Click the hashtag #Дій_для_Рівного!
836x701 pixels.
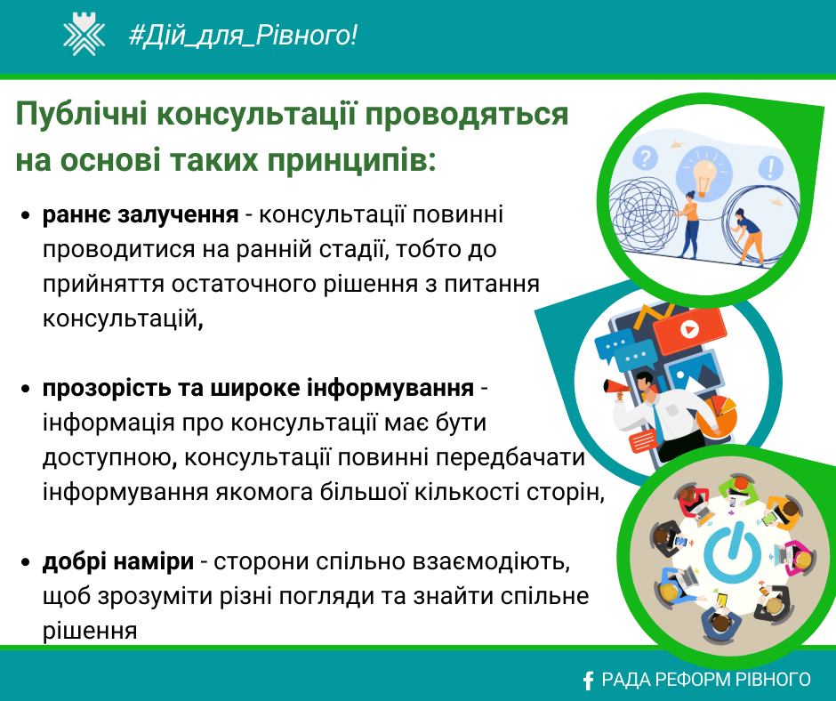(243, 36)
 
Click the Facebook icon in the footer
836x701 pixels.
(588, 681)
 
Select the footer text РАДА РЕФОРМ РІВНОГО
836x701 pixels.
(706, 680)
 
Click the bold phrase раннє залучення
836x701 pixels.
(141, 214)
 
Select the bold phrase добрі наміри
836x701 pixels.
(117, 561)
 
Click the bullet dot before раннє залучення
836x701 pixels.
(26, 216)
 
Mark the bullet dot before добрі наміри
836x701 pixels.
(26, 563)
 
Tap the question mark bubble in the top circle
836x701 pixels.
(645, 158)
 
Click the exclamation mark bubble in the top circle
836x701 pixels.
(770, 166)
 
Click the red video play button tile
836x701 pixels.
(689, 329)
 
